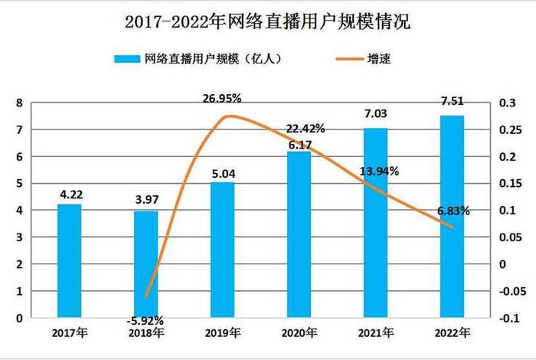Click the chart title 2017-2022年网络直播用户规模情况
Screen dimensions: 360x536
(x=267, y=22)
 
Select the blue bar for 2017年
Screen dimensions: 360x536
(x=70, y=260)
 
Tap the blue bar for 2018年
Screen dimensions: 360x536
(x=145, y=264)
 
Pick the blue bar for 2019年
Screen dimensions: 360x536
(x=222, y=249)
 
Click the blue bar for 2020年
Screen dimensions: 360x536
(x=299, y=234)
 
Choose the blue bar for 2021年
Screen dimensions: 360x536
(x=375, y=222)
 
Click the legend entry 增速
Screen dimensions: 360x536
(x=381, y=58)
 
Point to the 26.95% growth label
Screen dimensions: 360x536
(x=222, y=98)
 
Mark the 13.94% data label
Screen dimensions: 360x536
(x=377, y=172)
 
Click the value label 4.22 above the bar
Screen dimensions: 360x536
(x=70, y=195)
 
